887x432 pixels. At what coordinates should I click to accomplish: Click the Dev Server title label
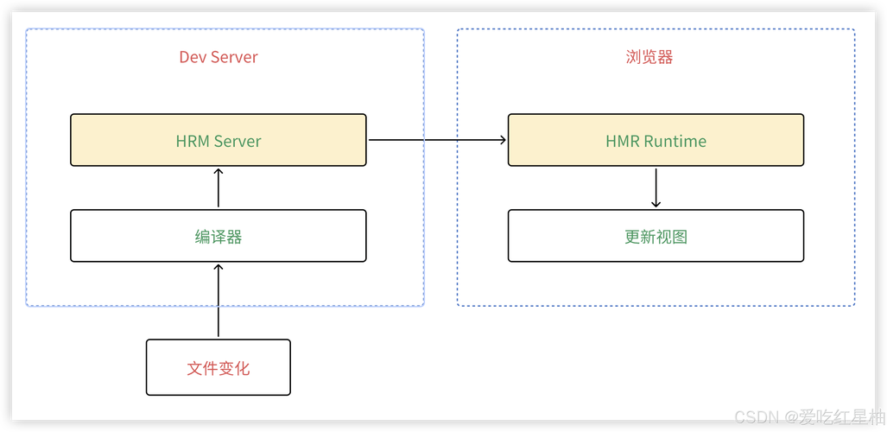click(219, 57)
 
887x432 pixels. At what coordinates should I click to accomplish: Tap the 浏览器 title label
click(649, 57)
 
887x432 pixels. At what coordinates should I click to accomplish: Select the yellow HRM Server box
click(218, 140)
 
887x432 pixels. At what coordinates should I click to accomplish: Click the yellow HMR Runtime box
click(656, 140)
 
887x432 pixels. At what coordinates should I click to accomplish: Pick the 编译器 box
click(218, 236)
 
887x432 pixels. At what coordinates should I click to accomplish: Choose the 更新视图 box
click(656, 236)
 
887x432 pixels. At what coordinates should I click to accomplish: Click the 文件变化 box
click(218, 368)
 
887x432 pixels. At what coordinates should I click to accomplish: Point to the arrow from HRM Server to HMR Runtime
click(437, 140)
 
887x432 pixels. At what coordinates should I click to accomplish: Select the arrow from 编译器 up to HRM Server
click(218, 187)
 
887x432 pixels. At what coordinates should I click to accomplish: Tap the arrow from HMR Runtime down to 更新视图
click(656, 187)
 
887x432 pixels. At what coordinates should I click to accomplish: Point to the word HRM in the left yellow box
click(193, 141)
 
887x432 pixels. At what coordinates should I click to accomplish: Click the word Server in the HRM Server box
click(238, 141)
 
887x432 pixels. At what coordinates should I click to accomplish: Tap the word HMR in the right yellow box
click(623, 141)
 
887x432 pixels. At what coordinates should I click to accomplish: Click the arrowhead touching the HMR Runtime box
click(502, 140)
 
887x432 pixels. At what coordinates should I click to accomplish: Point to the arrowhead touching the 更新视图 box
click(656, 204)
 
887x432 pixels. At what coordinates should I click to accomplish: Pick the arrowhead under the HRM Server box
click(218, 172)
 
